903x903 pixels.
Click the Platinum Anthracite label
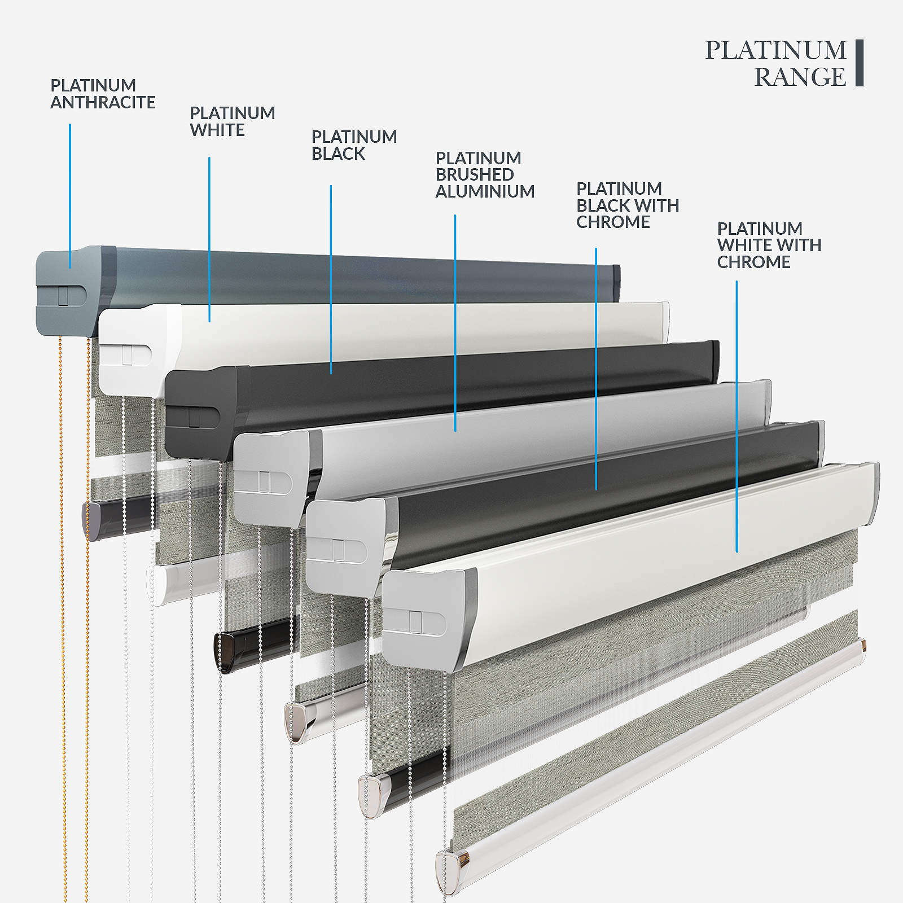(103, 94)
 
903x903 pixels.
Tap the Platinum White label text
(233, 121)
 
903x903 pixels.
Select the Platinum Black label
(354, 145)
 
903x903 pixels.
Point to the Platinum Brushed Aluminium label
(485, 175)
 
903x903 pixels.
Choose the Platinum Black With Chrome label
(628, 205)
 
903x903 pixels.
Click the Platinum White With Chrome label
(769, 246)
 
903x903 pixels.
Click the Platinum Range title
(776, 63)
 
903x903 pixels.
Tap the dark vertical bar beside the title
(860, 63)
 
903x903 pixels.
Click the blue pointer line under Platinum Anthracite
(70, 196)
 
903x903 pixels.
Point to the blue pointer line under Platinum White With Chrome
(737, 417)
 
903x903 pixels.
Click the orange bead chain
(63, 618)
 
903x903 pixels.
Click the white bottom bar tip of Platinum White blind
(157, 585)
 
